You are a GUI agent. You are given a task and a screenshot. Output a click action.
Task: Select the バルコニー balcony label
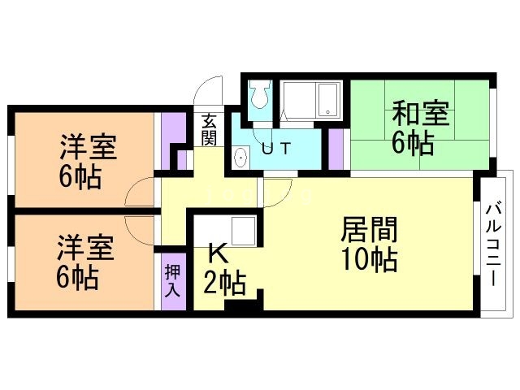coord(494,243)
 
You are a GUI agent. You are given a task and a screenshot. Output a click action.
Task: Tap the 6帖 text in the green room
coord(412,144)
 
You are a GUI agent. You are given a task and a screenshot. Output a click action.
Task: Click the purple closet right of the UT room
coord(336,148)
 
